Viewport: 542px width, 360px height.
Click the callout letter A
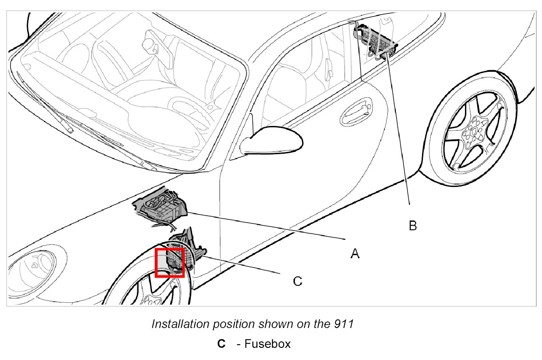point(355,253)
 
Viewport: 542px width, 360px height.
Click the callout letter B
point(412,225)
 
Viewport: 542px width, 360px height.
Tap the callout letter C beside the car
point(297,281)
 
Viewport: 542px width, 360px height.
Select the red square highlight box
point(170,263)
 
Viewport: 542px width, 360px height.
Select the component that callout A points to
point(162,207)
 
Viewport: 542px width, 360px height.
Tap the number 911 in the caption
point(345,324)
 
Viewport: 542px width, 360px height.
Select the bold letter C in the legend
point(221,344)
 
